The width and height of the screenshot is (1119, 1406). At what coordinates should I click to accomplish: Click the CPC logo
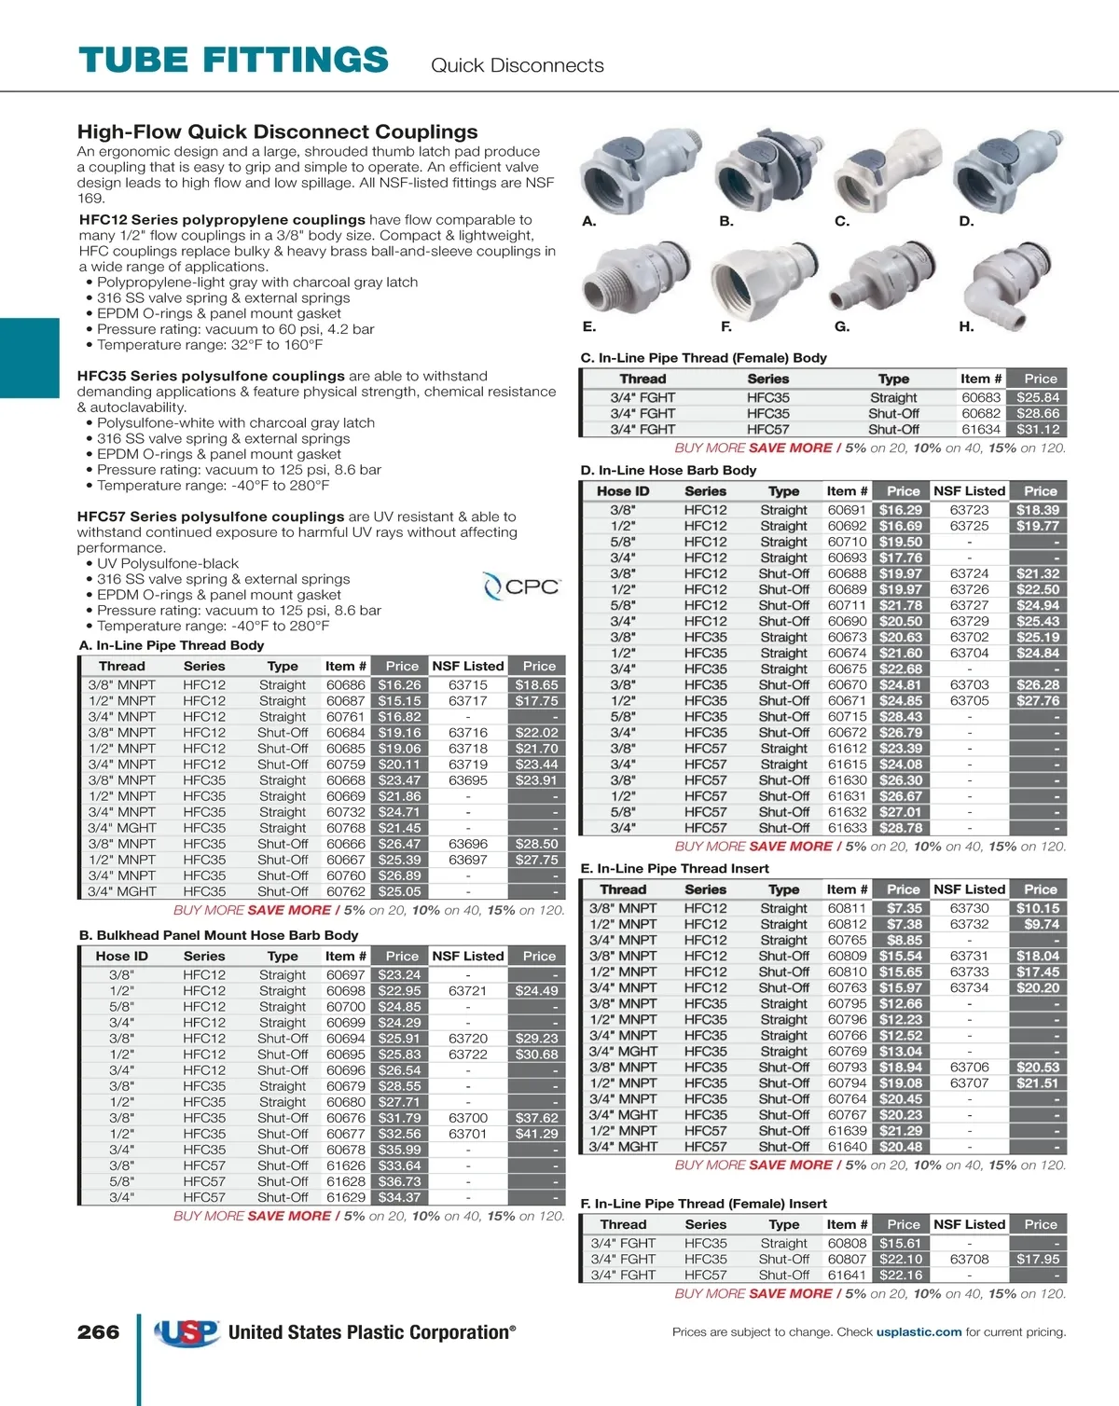pyautogui.click(x=522, y=586)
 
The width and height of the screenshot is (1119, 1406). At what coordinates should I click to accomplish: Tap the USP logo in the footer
pyautogui.click(x=186, y=1332)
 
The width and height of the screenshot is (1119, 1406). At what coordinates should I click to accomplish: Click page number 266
pyautogui.click(x=98, y=1332)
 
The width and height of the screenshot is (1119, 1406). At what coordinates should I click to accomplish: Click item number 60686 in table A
pyautogui.click(x=345, y=685)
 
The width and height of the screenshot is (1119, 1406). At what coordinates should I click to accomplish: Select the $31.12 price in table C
pyautogui.click(x=1038, y=430)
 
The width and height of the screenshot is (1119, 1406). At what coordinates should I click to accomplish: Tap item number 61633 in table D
pyautogui.click(x=847, y=828)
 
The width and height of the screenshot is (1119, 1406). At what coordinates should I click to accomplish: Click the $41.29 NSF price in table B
pyautogui.click(x=536, y=1134)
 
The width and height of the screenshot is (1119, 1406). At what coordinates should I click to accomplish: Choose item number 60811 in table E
pyautogui.click(x=847, y=908)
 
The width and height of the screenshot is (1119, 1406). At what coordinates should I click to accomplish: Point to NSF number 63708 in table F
pyautogui.click(x=969, y=1260)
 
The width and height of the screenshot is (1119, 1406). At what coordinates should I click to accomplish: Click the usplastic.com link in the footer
pyautogui.click(x=919, y=1332)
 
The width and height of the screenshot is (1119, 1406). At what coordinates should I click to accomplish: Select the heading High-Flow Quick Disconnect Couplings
pyautogui.click(x=277, y=132)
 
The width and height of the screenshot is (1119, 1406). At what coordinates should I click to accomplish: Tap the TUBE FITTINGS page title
pyautogui.click(x=233, y=61)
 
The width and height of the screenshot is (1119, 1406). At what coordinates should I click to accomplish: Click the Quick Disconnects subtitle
pyautogui.click(x=517, y=65)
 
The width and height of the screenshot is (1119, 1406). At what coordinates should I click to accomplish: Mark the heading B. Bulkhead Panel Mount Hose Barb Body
pyautogui.click(x=218, y=935)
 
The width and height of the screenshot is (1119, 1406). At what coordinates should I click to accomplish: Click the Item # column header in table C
pyautogui.click(x=980, y=379)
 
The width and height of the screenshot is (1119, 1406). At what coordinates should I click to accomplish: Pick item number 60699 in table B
pyautogui.click(x=345, y=1023)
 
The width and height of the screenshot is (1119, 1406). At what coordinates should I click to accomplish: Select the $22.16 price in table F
pyautogui.click(x=900, y=1275)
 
